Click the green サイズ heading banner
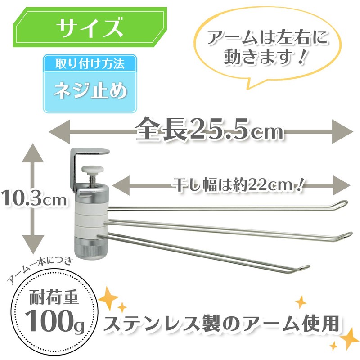(x=90, y=28)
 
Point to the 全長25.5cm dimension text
(x=210, y=131)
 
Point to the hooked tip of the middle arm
(x=348, y=234)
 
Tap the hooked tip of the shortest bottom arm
(x=306, y=269)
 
